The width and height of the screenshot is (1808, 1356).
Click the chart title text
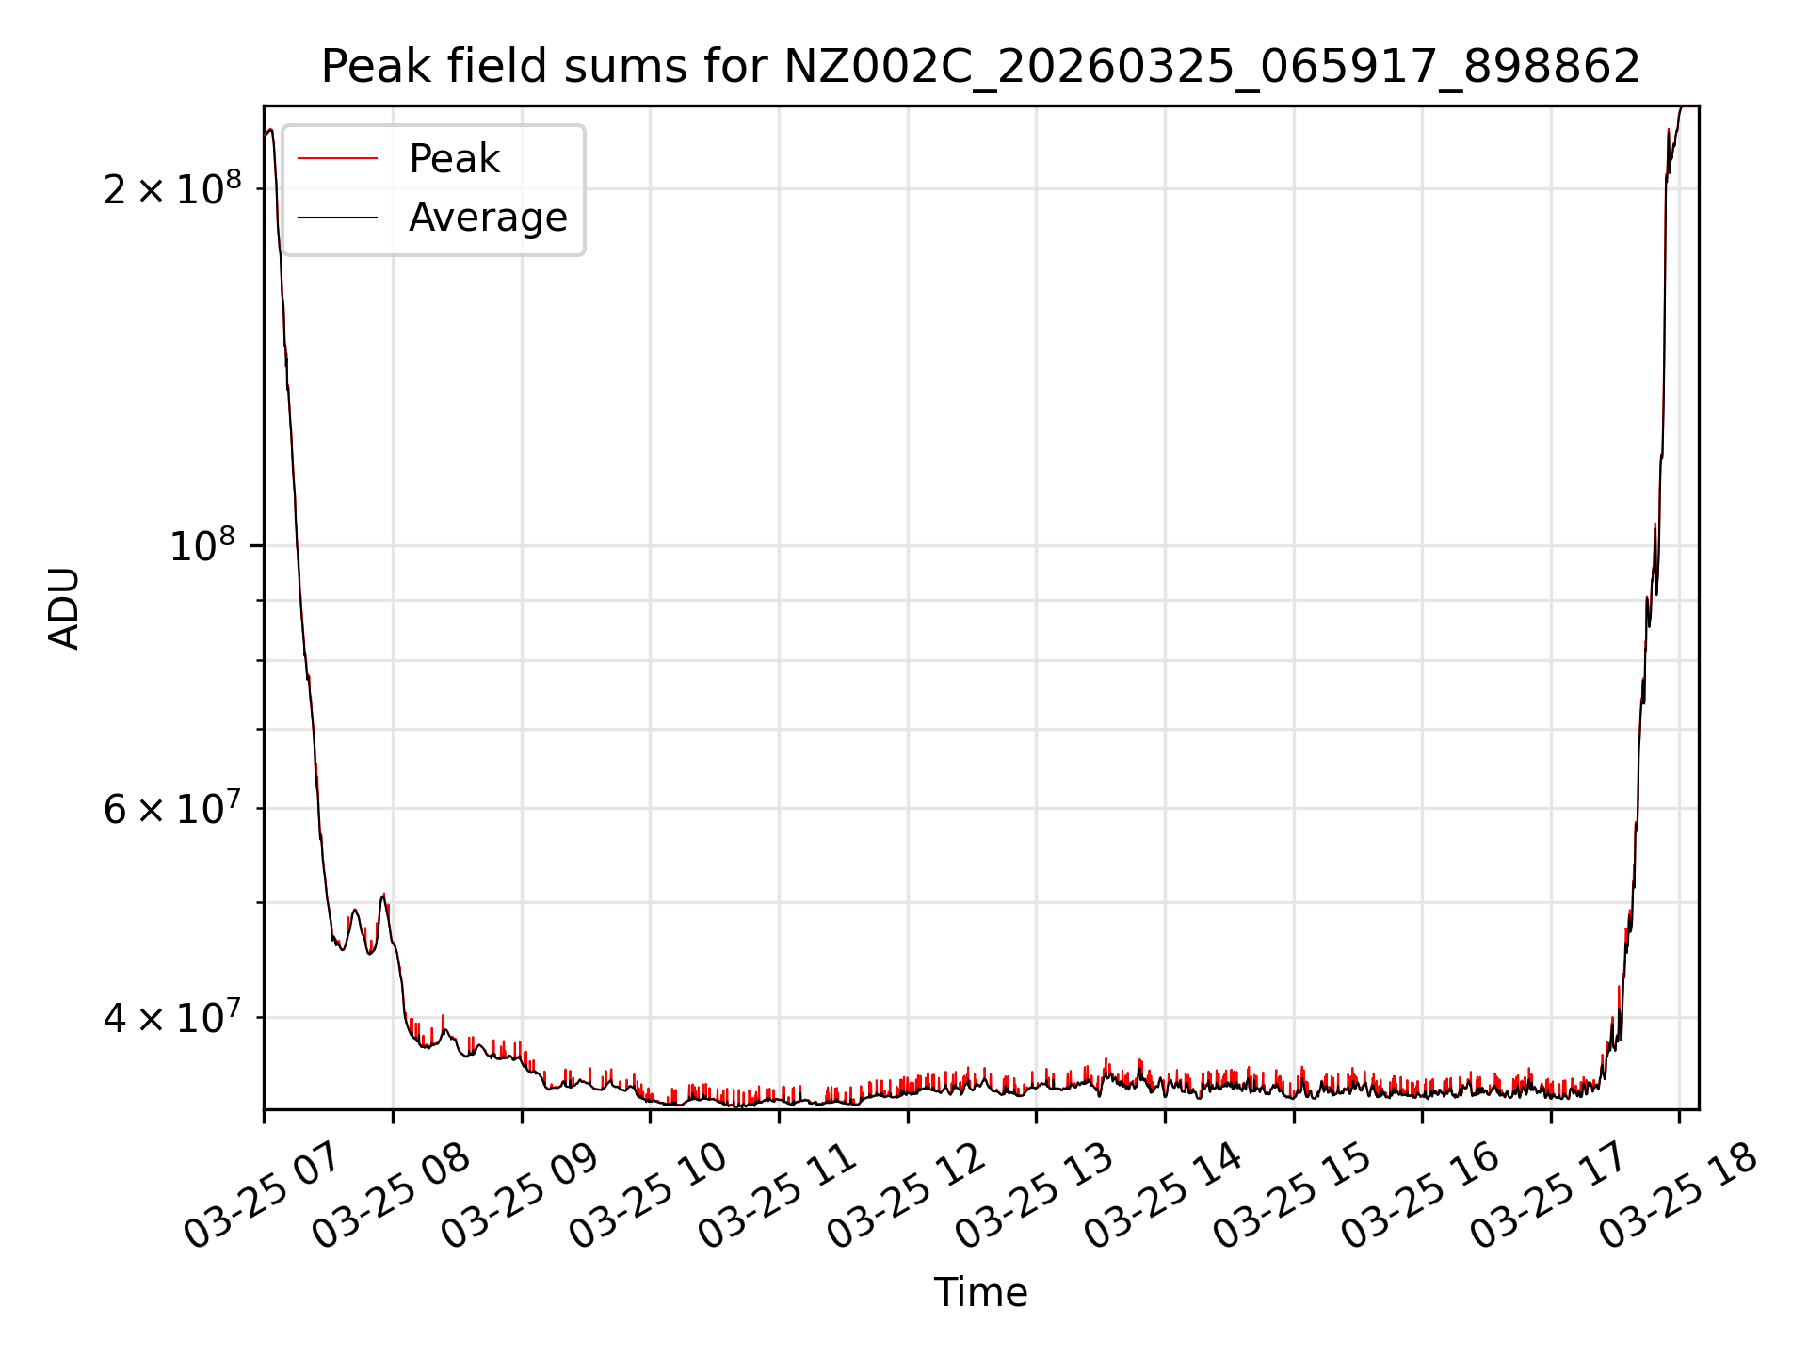coord(980,67)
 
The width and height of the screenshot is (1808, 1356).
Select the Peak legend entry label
coord(454,159)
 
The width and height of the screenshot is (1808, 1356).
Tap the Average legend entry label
coord(488,218)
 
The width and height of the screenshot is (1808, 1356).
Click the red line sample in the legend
coord(337,159)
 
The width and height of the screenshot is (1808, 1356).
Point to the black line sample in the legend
coord(337,218)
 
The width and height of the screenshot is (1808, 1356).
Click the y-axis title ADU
coord(64,608)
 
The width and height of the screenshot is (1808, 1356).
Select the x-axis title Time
coord(980,1293)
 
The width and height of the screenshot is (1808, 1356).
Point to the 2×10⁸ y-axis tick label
coord(172,189)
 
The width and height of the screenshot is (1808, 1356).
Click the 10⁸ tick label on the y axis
coord(202,546)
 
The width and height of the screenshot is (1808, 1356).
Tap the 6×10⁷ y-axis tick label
coord(172,809)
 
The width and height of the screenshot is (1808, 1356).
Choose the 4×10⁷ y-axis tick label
coord(172,1018)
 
